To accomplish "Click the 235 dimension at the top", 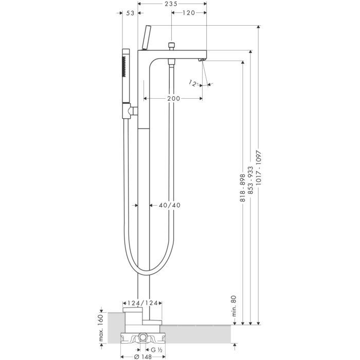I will click(x=171, y=4).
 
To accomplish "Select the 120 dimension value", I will click(x=188, y=13).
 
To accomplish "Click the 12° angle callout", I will click(x=194, y=82).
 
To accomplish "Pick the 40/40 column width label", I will click(x=169, y=205).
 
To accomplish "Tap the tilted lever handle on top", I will click(x=146, y=38).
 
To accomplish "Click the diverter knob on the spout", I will click(x=171, y=47).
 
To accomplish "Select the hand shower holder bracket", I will click(x=133, y=110).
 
